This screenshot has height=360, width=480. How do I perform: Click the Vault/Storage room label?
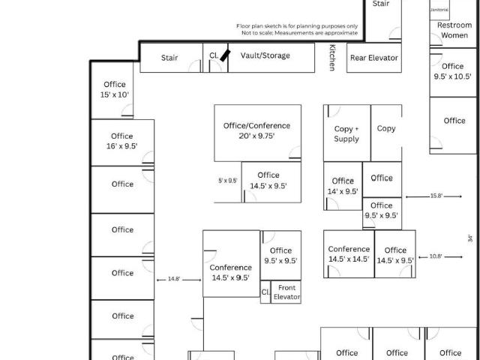pos(265,55)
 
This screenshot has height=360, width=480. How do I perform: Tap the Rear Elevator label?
pos(373,58)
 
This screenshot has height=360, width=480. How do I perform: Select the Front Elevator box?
pos(286,292)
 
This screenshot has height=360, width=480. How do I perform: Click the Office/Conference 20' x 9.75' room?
pos(256,130)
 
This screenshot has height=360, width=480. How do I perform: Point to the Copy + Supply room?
pos(346,133)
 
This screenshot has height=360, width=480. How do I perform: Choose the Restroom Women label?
pos(454,30)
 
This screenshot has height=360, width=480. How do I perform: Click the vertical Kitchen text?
pos(332,58)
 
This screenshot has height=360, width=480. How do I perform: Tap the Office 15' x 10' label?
pos(115,89)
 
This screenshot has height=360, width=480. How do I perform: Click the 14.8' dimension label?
pos(174,279)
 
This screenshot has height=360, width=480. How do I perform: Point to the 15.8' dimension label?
pos(436,196)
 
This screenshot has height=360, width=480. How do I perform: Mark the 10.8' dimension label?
pos(436,256)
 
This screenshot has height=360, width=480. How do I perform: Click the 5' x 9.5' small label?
pos(227,181)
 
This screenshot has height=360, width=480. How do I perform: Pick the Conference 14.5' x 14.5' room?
pos(349,253)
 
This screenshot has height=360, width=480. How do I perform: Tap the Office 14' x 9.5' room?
pos(343,186)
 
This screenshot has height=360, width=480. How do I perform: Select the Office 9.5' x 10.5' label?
pos(454,71)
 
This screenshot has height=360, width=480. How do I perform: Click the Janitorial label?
pos(439,10)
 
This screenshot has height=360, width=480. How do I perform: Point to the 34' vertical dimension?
pos(470,238)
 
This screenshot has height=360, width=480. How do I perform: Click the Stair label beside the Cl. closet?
pos(169,58)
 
